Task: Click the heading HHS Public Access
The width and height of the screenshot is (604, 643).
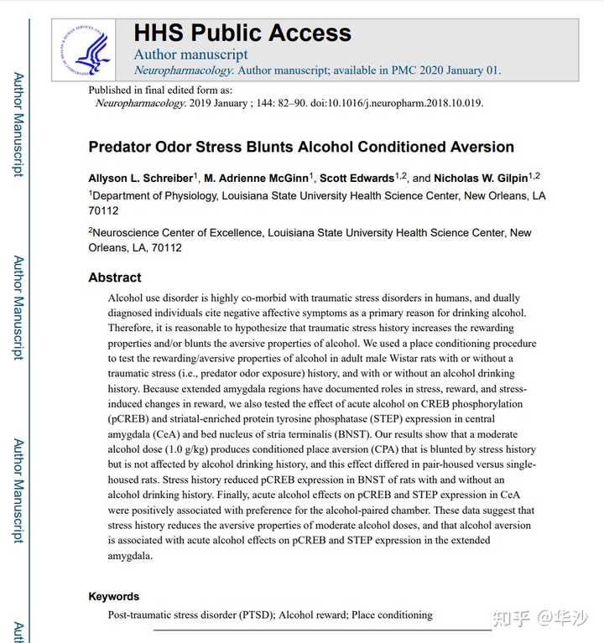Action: tap(242, 34)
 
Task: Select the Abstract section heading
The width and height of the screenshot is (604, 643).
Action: tap(115, 277)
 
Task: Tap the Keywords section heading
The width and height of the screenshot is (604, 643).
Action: tap(114, 596)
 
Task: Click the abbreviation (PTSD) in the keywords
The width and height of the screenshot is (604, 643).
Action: tap(249, 614)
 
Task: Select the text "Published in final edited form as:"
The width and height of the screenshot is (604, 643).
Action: tap(160, 90)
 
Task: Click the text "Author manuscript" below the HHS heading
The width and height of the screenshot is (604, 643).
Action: tap(190, 55)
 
